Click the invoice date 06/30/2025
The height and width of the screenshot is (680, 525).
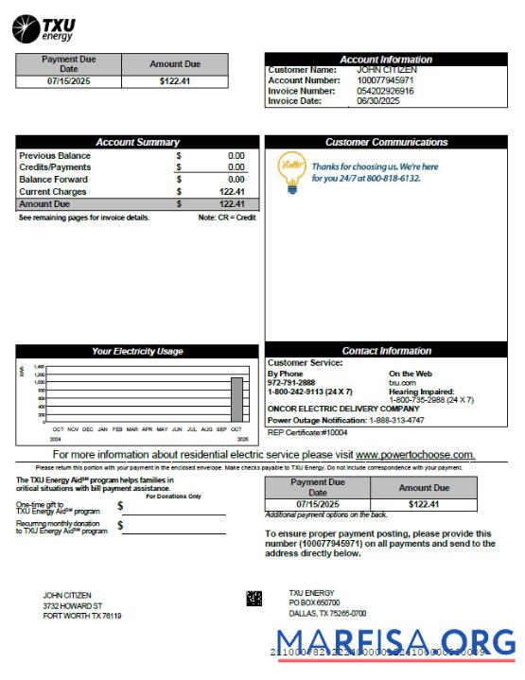(x=377, y=101)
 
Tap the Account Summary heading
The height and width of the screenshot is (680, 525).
(x=137, y=142)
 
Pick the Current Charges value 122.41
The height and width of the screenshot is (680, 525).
(x=232, y=191)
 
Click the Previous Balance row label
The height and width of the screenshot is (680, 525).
(x=55, y=156)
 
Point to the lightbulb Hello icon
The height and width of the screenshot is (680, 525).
(x=290, y=172)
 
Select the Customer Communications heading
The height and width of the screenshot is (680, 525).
(x=386, y=142)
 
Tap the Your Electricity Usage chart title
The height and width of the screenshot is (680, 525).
(x=137, y=351)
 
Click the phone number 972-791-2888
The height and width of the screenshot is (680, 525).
(x=291, y=382)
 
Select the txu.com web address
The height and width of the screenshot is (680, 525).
(x=402, y=382)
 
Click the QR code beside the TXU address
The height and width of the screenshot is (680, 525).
(x=254, y=598)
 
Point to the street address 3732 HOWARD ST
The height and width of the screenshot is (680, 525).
(x=73, y=605)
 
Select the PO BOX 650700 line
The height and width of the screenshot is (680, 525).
(x=314, y=602)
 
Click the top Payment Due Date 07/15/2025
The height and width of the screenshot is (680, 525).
(x=68, y=82)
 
